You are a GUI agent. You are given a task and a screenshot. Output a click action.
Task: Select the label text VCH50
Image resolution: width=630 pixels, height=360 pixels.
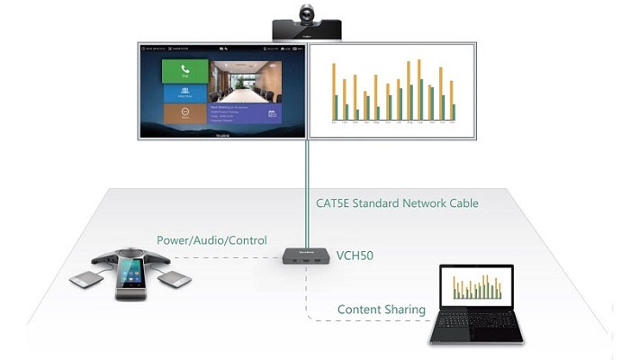pyautogui.click(x=355, y=256)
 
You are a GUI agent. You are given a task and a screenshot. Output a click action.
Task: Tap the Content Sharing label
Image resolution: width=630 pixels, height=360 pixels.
pyautogui.click(x=382, y=310)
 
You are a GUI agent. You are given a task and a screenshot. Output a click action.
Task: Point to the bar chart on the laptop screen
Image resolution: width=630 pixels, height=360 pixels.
pyautogui.click(x=476, y=286)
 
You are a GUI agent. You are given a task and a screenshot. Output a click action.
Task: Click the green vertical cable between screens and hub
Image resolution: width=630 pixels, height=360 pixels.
pyautogui.click(x=307, y=193)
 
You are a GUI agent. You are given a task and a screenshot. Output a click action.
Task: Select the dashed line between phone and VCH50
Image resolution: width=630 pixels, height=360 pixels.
pyautogui.click(x=225, y=257)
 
